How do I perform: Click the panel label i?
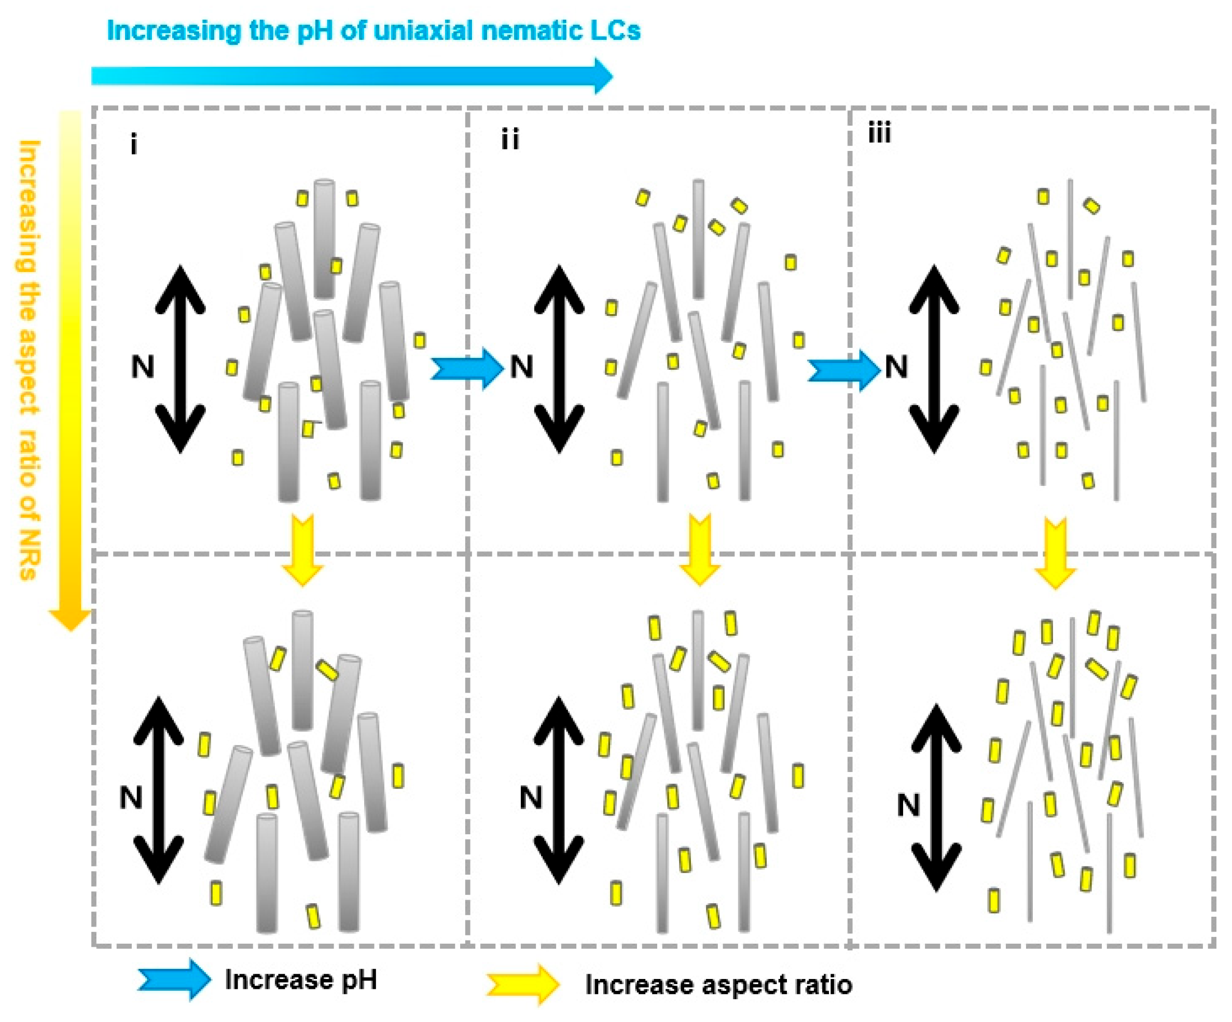[x=134, y=144]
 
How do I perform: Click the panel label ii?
[x=510, y=140]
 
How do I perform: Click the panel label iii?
[x=879, y=134]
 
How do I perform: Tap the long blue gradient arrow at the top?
[x=352, y=76]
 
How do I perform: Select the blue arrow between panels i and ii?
[x=467, y=369]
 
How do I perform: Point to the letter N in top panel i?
[x=142, y=368]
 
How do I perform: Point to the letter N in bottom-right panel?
[x=908, y=806]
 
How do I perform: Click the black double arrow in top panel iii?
[x=934, y=359]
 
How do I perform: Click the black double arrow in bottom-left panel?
[x=159, y=790]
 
